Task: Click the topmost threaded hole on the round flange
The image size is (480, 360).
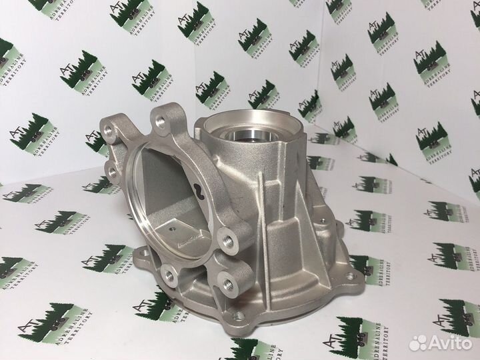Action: point(161,123)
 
